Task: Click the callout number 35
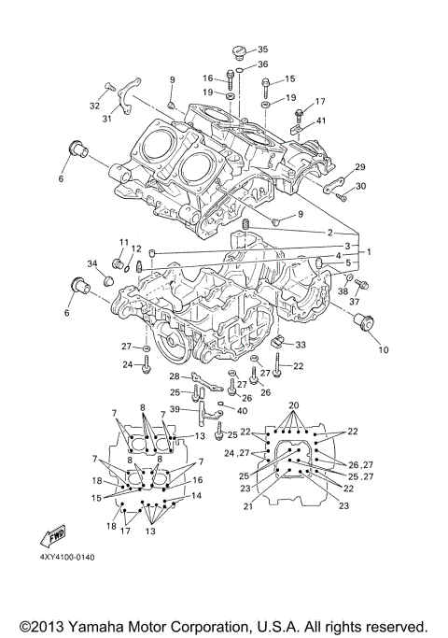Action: point(262,50)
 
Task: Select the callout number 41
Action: point(321,120)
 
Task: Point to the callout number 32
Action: point(95,106)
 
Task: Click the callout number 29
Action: point(359,167)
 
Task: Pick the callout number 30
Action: point(360,186)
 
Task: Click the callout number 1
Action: point(368,252)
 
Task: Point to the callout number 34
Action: point(92,262)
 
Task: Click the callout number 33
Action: point(301,345)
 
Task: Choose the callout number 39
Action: point(175,409)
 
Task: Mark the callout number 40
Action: point(243,411)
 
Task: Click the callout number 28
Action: point(174,376)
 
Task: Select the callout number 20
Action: point(294,404)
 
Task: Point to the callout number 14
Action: point(196,496)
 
